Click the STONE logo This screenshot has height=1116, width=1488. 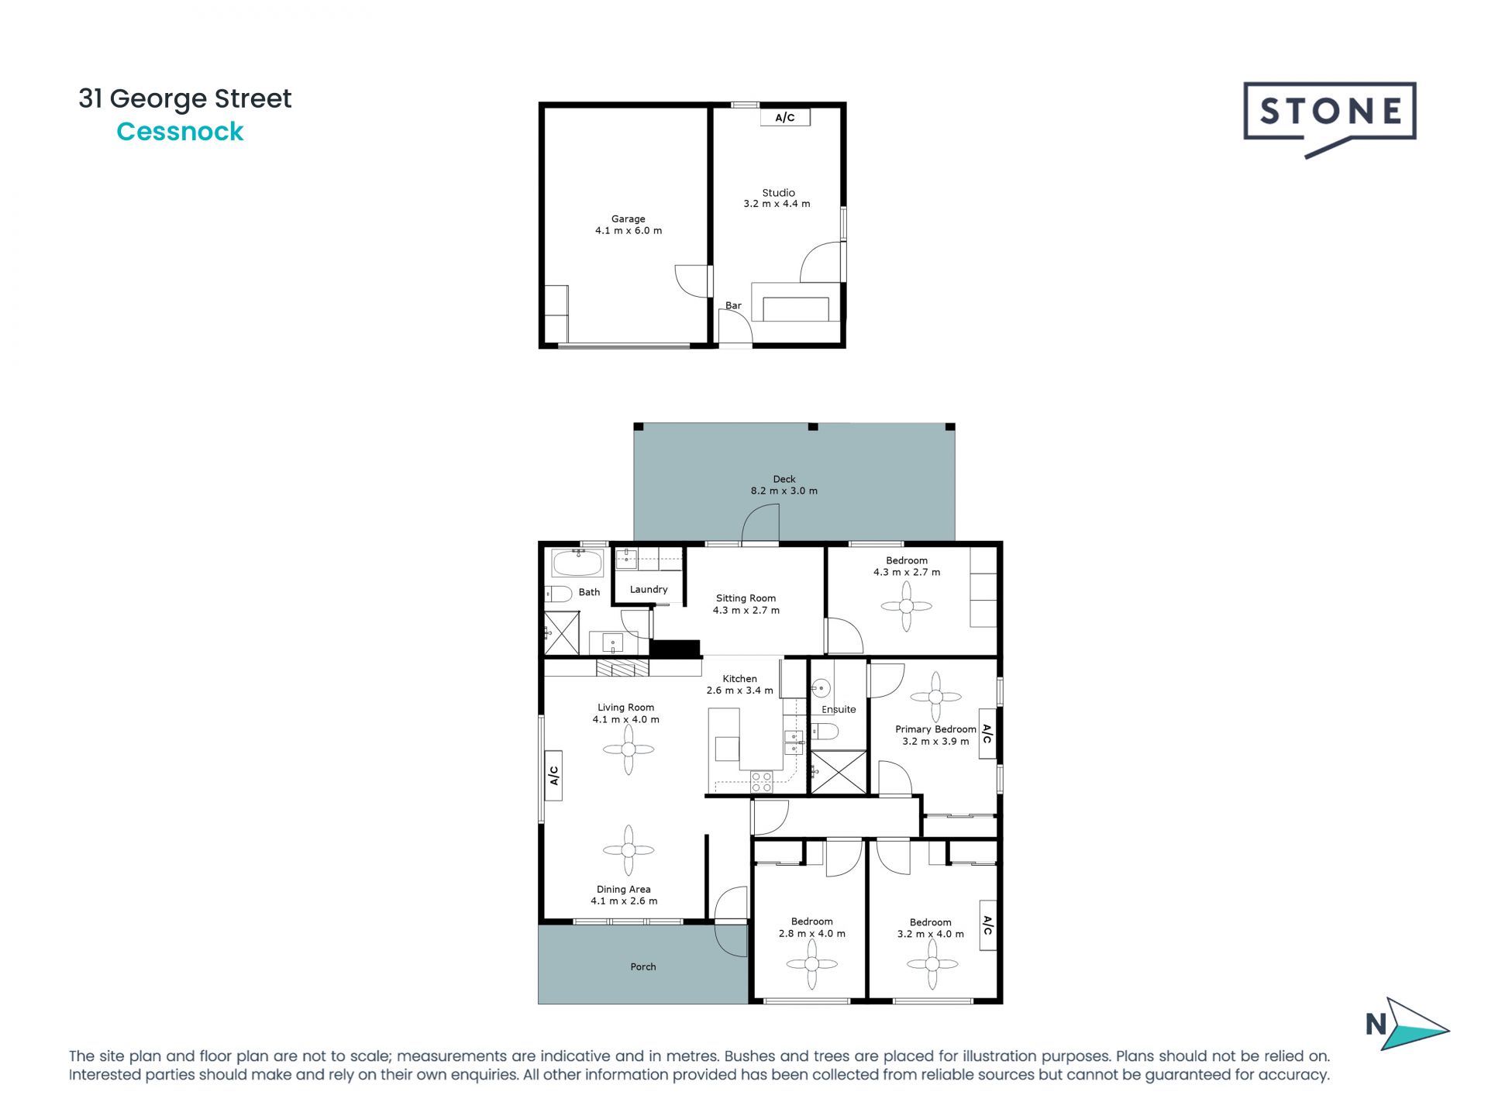(x=1329, y=113)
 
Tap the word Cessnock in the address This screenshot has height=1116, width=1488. (x=180, y=132)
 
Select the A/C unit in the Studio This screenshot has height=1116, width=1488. (x=784, y=117)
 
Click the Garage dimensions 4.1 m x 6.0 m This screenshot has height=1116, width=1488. (x=629, y=231)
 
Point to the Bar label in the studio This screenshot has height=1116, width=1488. (x=733, y=305)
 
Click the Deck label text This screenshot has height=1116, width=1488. (x=784, y=479)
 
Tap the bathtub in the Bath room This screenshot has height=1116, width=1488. (x=577, y=563)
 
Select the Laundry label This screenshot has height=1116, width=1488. (x=649, y=589)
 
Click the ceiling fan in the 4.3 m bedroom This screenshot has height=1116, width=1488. (x=906, y=607)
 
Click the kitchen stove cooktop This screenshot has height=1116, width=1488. (x=761, y=781)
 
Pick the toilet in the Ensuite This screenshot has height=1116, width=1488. (x=825, y=731)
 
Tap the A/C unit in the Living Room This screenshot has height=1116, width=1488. (x=553, y=775)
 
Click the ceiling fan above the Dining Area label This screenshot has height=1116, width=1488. (x=629, y=850)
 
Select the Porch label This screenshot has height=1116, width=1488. (x=642, y=966)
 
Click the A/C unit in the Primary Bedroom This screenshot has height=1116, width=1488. (x=987, y=733)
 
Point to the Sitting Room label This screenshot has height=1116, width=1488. (x=746, y=598)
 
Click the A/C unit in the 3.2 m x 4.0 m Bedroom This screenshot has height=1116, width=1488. (x=987, y=925)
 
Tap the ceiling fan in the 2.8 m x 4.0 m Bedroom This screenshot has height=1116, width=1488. (x=811, y=965)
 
